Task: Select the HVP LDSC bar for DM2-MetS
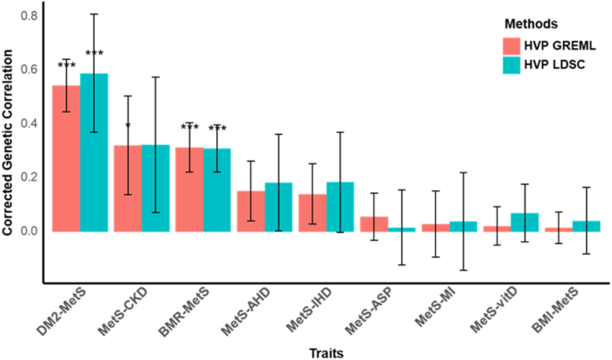[x=94, y=152]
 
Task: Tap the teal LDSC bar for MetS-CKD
[x=155, y=188]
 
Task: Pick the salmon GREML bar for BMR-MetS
[x=189, y=188]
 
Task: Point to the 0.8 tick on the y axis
[x=30, y=16]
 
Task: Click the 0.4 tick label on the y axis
[x=30, y=123]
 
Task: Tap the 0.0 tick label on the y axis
[x=30, y=230]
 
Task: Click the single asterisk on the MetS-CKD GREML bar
[x=128, y=127]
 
